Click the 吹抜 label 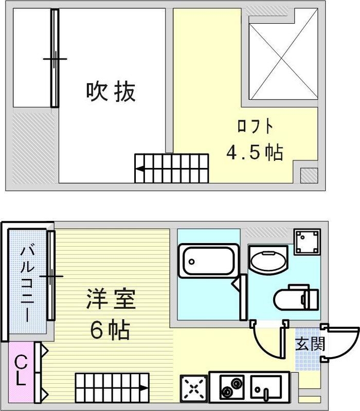(x=111, y=92)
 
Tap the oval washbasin (x=268, y=261)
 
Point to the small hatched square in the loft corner (x=309, y=175)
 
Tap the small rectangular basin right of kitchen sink (x=265, y=386)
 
